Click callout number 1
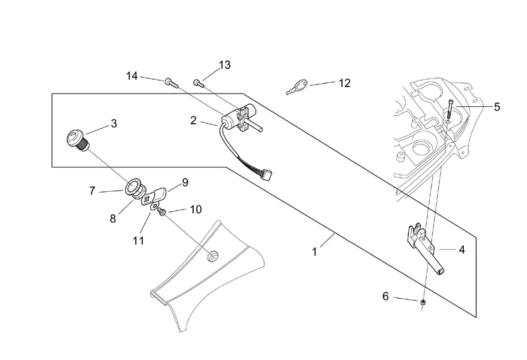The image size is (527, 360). point(315,251)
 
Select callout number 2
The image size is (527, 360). point(194,120)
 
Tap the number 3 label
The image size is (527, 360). point(114,123)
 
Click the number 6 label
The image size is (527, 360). point(385,296)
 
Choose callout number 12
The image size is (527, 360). point(344,83)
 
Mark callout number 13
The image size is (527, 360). point(225,65)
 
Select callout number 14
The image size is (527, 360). point(132,76)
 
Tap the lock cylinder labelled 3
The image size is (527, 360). point(78,140)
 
